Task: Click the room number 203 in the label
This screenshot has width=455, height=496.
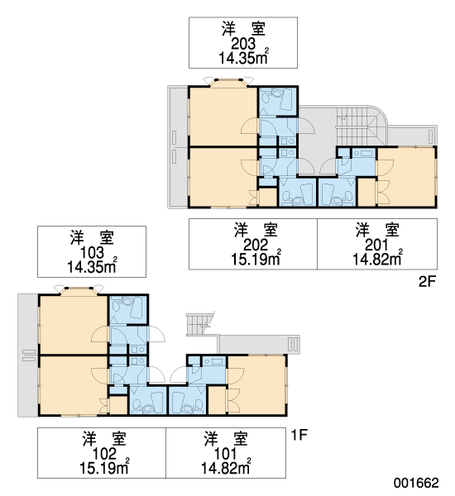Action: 243,44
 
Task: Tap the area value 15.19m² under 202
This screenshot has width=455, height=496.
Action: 256,259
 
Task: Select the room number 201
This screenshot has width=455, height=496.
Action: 376,245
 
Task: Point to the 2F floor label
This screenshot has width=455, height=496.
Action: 427,281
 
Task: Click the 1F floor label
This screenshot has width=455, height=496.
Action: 299,435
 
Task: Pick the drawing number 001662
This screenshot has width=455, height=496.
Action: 416,483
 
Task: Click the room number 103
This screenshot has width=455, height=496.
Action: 92,252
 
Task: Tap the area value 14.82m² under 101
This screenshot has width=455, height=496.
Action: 226,468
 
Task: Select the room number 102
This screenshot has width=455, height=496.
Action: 104,454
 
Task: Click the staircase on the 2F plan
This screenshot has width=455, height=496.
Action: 361,126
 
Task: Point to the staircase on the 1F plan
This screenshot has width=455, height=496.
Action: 201,324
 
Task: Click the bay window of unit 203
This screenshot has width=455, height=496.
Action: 228,82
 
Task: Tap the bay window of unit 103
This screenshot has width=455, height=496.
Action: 79,291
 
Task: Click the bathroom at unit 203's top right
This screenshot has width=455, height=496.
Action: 278,101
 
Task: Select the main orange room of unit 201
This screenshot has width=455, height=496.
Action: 406,176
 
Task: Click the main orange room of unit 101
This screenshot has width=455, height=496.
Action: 256,384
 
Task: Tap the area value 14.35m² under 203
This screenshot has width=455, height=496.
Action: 243,58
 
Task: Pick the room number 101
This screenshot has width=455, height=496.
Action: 226,454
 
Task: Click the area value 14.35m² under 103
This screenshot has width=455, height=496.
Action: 92,266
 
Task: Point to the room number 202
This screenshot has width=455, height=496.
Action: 256,245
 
